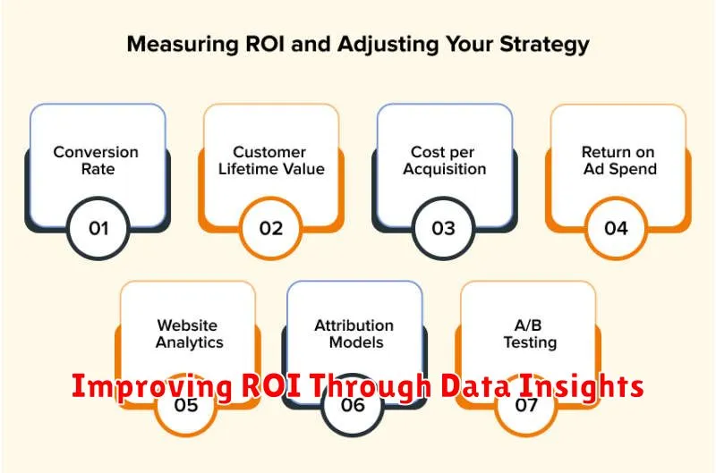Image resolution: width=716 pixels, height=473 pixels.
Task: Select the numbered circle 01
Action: tap(98, 228)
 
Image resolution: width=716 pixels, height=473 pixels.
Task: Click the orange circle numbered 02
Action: tap(271, 228)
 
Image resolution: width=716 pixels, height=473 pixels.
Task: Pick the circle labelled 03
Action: tap(443, 228)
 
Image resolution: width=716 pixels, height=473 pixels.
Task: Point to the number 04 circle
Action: tap(616, 228)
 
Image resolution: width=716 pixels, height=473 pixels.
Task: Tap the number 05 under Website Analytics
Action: tap(186, 404)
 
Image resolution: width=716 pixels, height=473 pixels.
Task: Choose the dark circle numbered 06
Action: tap(353, 404)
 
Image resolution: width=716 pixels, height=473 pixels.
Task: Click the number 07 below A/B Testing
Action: tap(526, 404)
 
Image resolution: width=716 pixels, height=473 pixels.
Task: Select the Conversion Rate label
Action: tap(96, 160)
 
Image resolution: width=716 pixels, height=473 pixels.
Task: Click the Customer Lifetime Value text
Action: tap(271, 160)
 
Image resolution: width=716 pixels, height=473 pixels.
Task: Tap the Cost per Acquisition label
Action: tap(444, 160)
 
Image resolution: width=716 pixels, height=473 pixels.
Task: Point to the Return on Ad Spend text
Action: tap(619, 160)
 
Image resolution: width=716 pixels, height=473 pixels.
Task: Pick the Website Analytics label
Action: tap(189, 334)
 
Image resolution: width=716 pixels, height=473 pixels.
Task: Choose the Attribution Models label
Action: tap(354, 334)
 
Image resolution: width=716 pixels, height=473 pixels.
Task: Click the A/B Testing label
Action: tap(530, 334)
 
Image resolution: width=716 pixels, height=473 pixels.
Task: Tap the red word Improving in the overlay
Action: tap(152, 387)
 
